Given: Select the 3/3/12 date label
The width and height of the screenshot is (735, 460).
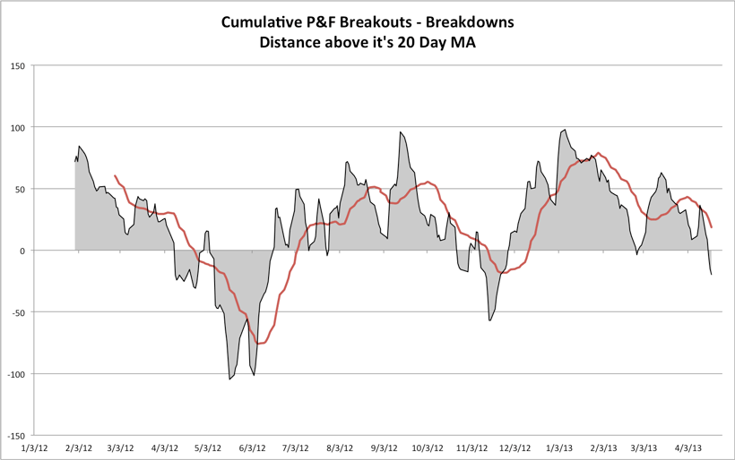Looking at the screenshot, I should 121,447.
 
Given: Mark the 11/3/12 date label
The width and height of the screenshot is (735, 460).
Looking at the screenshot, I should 472,447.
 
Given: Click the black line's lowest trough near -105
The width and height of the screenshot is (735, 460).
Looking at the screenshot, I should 229,379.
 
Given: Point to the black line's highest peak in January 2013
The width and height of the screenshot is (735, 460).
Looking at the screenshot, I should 564,130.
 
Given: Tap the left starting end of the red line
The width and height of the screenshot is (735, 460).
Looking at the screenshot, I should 115,176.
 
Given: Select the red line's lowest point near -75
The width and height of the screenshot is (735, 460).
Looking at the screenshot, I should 260,344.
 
